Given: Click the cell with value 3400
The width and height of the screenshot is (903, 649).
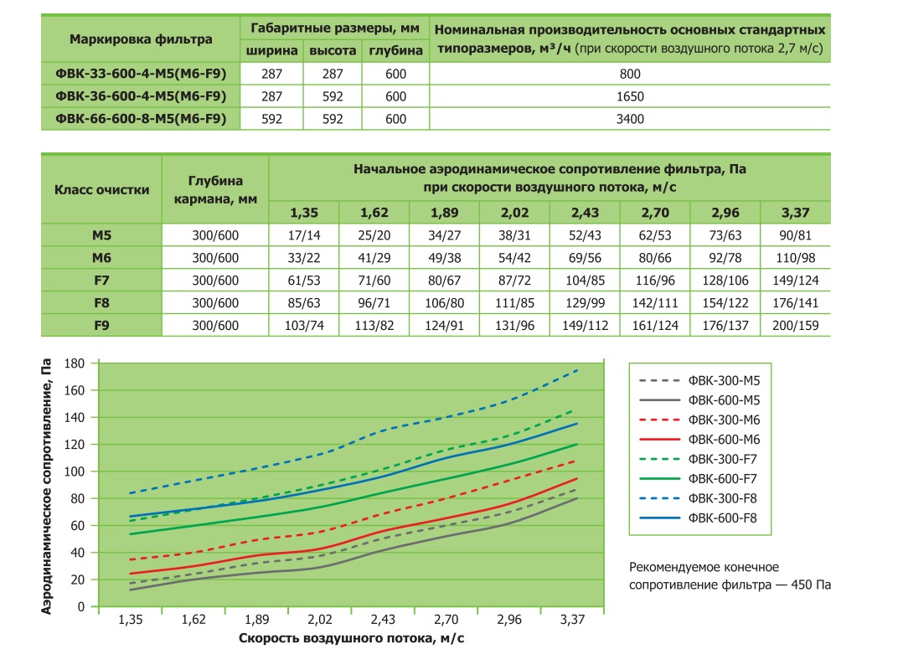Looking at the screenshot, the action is click(629, 119).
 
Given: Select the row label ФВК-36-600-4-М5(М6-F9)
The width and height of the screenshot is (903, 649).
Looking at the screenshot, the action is click(141, 96).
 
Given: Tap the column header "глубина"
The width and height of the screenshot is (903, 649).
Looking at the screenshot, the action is click(395, 51).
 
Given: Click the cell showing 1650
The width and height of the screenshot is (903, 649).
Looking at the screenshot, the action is click(629, 97).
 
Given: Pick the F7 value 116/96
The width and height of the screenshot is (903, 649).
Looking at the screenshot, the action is click(655, 281).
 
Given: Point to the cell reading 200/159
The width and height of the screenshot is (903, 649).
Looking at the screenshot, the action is click(795, 326).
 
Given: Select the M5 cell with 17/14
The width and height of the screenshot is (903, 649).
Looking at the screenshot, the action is click(304, 235).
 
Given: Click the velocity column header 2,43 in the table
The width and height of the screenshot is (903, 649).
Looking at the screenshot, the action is click(585, 213).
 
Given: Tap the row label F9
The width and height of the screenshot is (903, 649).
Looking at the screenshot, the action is click(101, 326).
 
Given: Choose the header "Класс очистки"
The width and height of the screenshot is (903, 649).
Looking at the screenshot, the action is click(101, 190).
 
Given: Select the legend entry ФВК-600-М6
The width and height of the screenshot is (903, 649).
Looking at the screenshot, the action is click(724, 440).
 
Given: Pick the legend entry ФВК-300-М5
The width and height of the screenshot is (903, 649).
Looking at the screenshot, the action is click(724, 381).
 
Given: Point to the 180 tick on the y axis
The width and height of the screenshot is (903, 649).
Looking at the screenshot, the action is click(75, 363).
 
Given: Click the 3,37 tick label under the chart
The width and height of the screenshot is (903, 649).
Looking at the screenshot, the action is click(572, 620).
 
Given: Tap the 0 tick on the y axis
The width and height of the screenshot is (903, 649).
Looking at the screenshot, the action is click(80, 606).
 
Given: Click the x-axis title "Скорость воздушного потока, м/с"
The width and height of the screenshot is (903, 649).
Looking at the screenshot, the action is click(351, 638).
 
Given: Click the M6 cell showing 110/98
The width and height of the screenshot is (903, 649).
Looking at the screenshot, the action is click(795, 258).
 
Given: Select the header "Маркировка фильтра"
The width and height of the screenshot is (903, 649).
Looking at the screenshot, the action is click(141, 39).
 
